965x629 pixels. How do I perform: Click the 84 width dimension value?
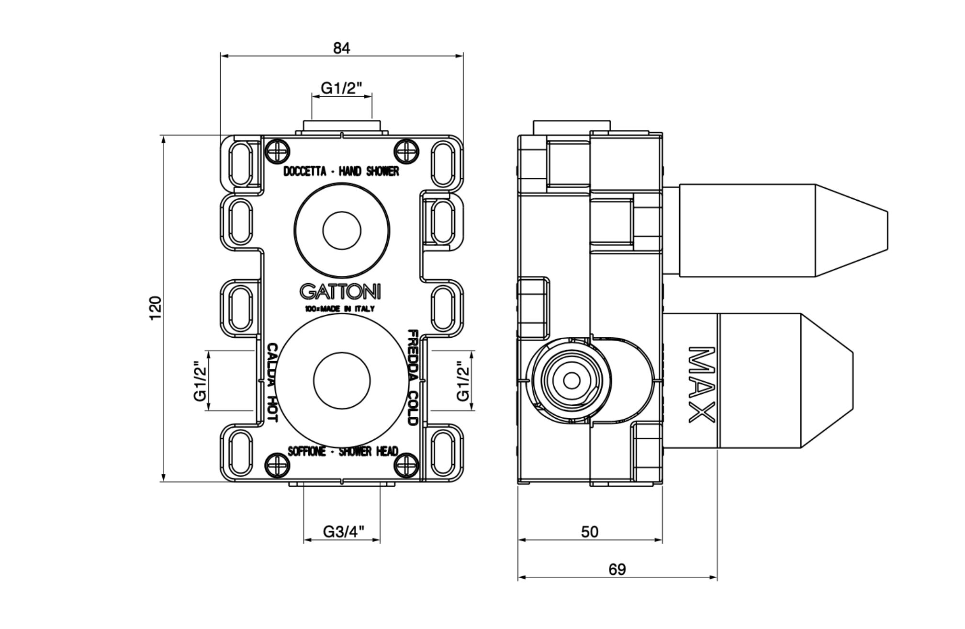(x=341, y=48)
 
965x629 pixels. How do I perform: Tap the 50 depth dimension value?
(x=590, y=532)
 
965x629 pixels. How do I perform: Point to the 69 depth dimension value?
(x=617, y=570)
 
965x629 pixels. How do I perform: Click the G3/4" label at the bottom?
(x=344, y=532)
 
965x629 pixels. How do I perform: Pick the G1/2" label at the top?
(x=341, y=88)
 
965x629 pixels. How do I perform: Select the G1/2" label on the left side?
(x=200, y=380)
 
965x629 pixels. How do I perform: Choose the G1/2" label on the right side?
(x=463, y=380)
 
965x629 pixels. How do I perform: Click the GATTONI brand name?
(x=340, y=292)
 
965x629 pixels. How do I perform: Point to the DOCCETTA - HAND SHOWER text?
(x=341, y=172)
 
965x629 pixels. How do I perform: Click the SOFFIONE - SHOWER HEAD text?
(x=342, y=452)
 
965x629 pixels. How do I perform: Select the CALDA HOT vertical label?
(x=272, y=382)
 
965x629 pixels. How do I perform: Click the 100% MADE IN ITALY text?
(x=340, y=309)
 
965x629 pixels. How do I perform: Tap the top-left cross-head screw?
(x=278, y=150)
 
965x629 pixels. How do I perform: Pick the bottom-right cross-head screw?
(x=406, y=464)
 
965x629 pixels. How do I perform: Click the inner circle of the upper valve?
(x=342, y=230)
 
